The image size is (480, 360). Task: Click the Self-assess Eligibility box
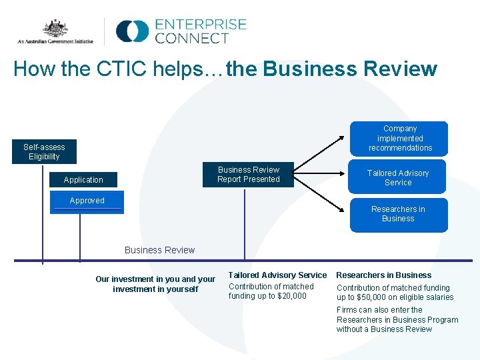tap(44, 152)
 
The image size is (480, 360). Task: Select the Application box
tap(83, 179)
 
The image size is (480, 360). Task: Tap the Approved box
tap(87, 201)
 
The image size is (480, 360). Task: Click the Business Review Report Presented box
tap(249, 175)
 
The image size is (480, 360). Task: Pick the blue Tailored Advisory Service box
tap(398, 177)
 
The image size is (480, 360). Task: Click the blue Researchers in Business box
tap(398, 214)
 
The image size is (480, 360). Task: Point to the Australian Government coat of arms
tap(56, 29)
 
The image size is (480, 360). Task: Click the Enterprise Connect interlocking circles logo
tap(132, 31)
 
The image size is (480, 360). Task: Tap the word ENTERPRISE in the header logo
tap(201, 25)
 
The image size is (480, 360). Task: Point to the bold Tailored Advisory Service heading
tap(277, 275)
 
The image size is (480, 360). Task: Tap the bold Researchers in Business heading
tap(383, 275)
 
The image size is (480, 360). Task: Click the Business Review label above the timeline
tap(159, 250)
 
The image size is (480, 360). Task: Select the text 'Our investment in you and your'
tap(155, 279)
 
